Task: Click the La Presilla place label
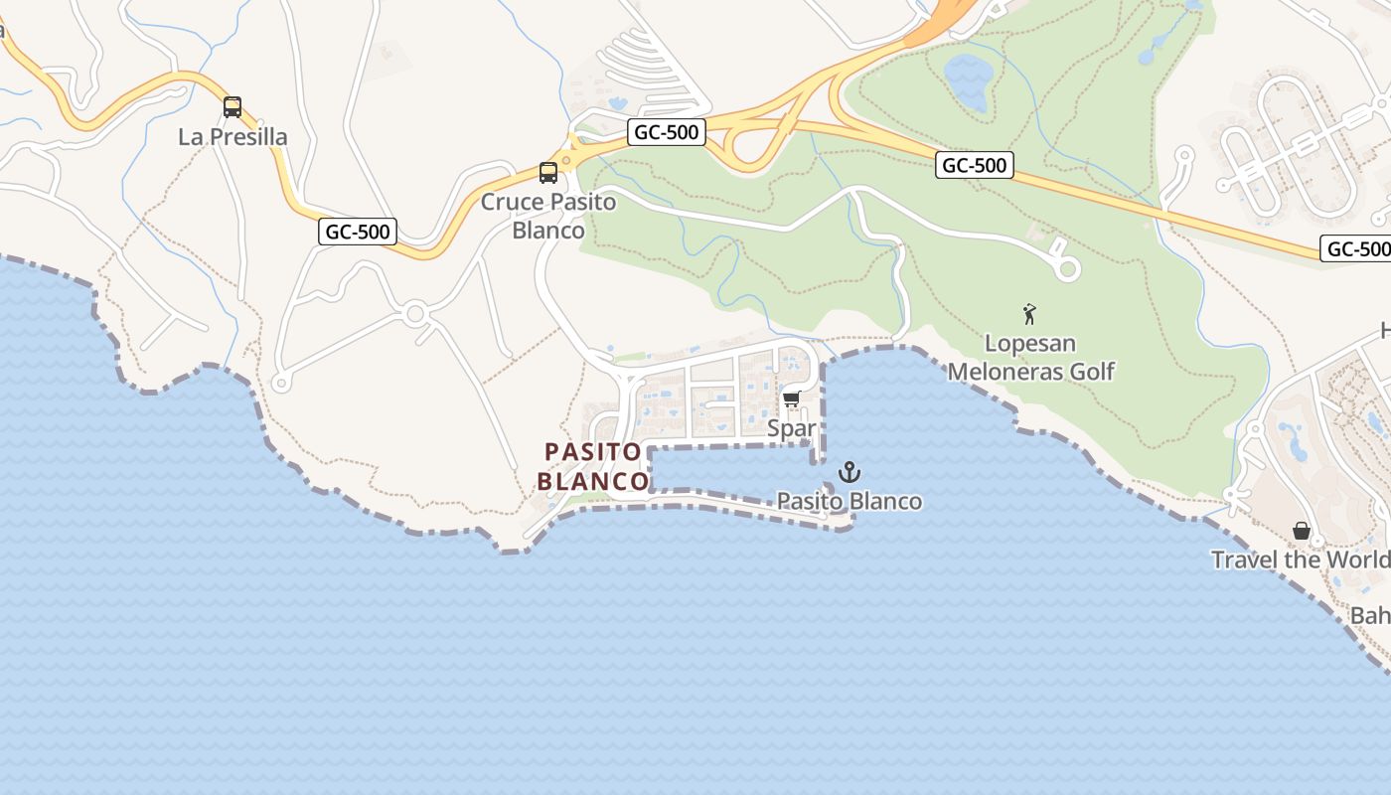click(232, 137)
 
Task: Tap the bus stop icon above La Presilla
click(232, 107)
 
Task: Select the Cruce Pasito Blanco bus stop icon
click(548, 173)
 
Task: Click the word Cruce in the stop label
click(512, 203)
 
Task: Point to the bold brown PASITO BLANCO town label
click(593, 467)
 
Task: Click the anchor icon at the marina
click(849, 472)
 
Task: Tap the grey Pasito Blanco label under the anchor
click(850, 501)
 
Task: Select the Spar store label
click(792, 429)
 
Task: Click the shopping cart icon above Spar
click(791, 399)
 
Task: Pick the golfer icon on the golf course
click(1029, 315)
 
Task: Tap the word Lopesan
click(1030, 344)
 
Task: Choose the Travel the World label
click(1300, 559)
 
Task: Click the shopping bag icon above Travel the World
click(1302, 532)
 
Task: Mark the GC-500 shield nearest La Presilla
click(358, 233)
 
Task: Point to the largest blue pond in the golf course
click(967, 80)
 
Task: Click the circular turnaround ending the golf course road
click(1068, 268)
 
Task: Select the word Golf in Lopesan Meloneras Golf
click(1092, 372)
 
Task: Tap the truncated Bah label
click(1370, 616)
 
